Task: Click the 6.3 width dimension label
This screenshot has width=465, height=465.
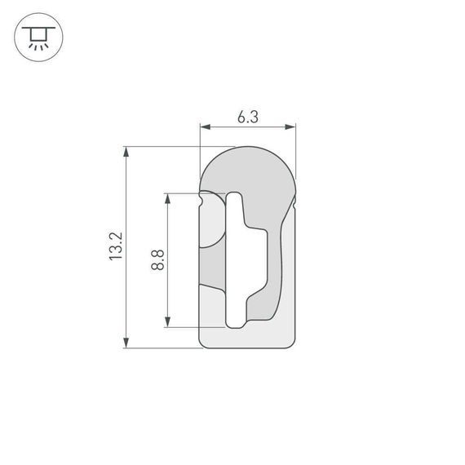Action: click(247, 117)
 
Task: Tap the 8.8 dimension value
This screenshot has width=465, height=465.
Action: click(158, 260)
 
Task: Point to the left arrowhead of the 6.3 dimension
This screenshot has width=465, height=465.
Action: click(205, 127)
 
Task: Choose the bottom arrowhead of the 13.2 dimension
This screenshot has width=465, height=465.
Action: click(126, 343)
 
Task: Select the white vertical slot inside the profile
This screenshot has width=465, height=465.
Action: click(234, 261)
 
